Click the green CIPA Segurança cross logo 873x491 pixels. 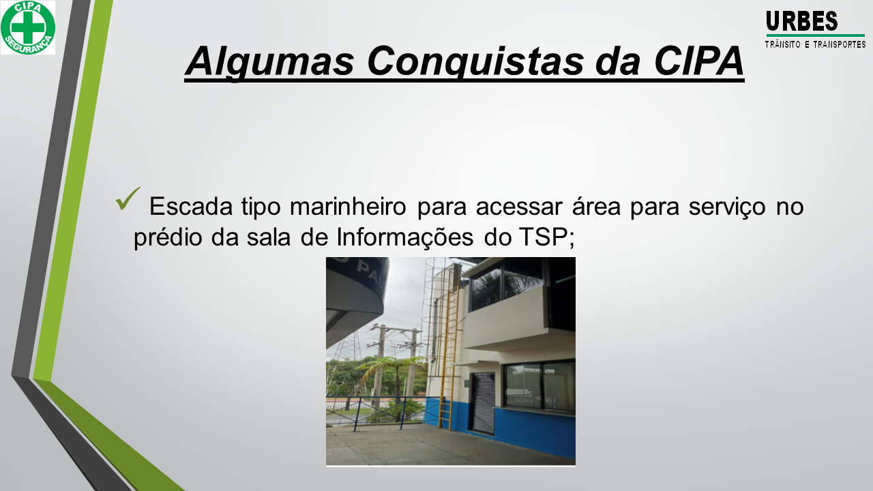coord(28,27)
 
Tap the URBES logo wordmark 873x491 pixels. coord(801,21)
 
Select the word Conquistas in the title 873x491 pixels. coord(475,61)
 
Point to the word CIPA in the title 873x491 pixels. coord(698,61)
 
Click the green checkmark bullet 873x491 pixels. coord(128,198)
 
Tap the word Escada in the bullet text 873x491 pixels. coord(191,206)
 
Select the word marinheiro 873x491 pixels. coord(348,206)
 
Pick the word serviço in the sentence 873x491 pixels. coord(727,207)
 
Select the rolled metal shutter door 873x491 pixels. coord(483,403)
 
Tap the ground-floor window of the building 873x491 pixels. coord(539,385)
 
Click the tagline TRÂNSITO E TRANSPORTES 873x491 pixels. coord(815,44)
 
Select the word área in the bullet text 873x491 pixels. coord(596,206)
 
